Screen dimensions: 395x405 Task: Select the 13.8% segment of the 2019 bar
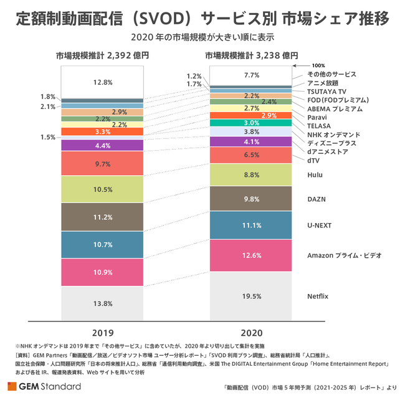point(102,303)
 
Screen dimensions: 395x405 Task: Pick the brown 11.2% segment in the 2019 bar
point(102,217)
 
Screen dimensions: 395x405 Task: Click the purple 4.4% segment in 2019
point(102,145)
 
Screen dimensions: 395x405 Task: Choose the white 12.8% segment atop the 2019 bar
point(102,82)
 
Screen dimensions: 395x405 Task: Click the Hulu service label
point(315,175)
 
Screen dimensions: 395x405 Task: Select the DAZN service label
point(316,199)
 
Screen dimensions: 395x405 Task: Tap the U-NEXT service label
point(319,225)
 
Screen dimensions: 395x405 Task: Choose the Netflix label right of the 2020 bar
point(318,296)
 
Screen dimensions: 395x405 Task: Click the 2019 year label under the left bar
point(102,332)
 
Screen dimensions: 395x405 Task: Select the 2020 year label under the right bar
point(252,332)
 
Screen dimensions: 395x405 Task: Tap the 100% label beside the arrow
point(318,65)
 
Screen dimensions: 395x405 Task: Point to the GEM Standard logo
point(44,386)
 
